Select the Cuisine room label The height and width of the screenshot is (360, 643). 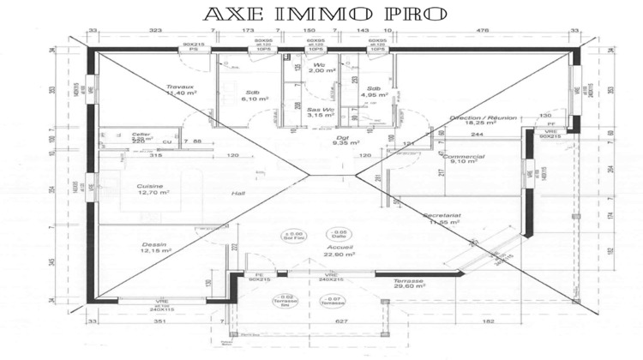[151, 186]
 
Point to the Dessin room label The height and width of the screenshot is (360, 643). [154, 245]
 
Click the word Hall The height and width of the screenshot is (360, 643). [238, 195]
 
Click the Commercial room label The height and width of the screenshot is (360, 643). [464, 157]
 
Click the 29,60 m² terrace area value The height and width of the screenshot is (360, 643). [409, 287]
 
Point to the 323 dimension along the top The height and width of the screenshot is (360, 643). [155, 31]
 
